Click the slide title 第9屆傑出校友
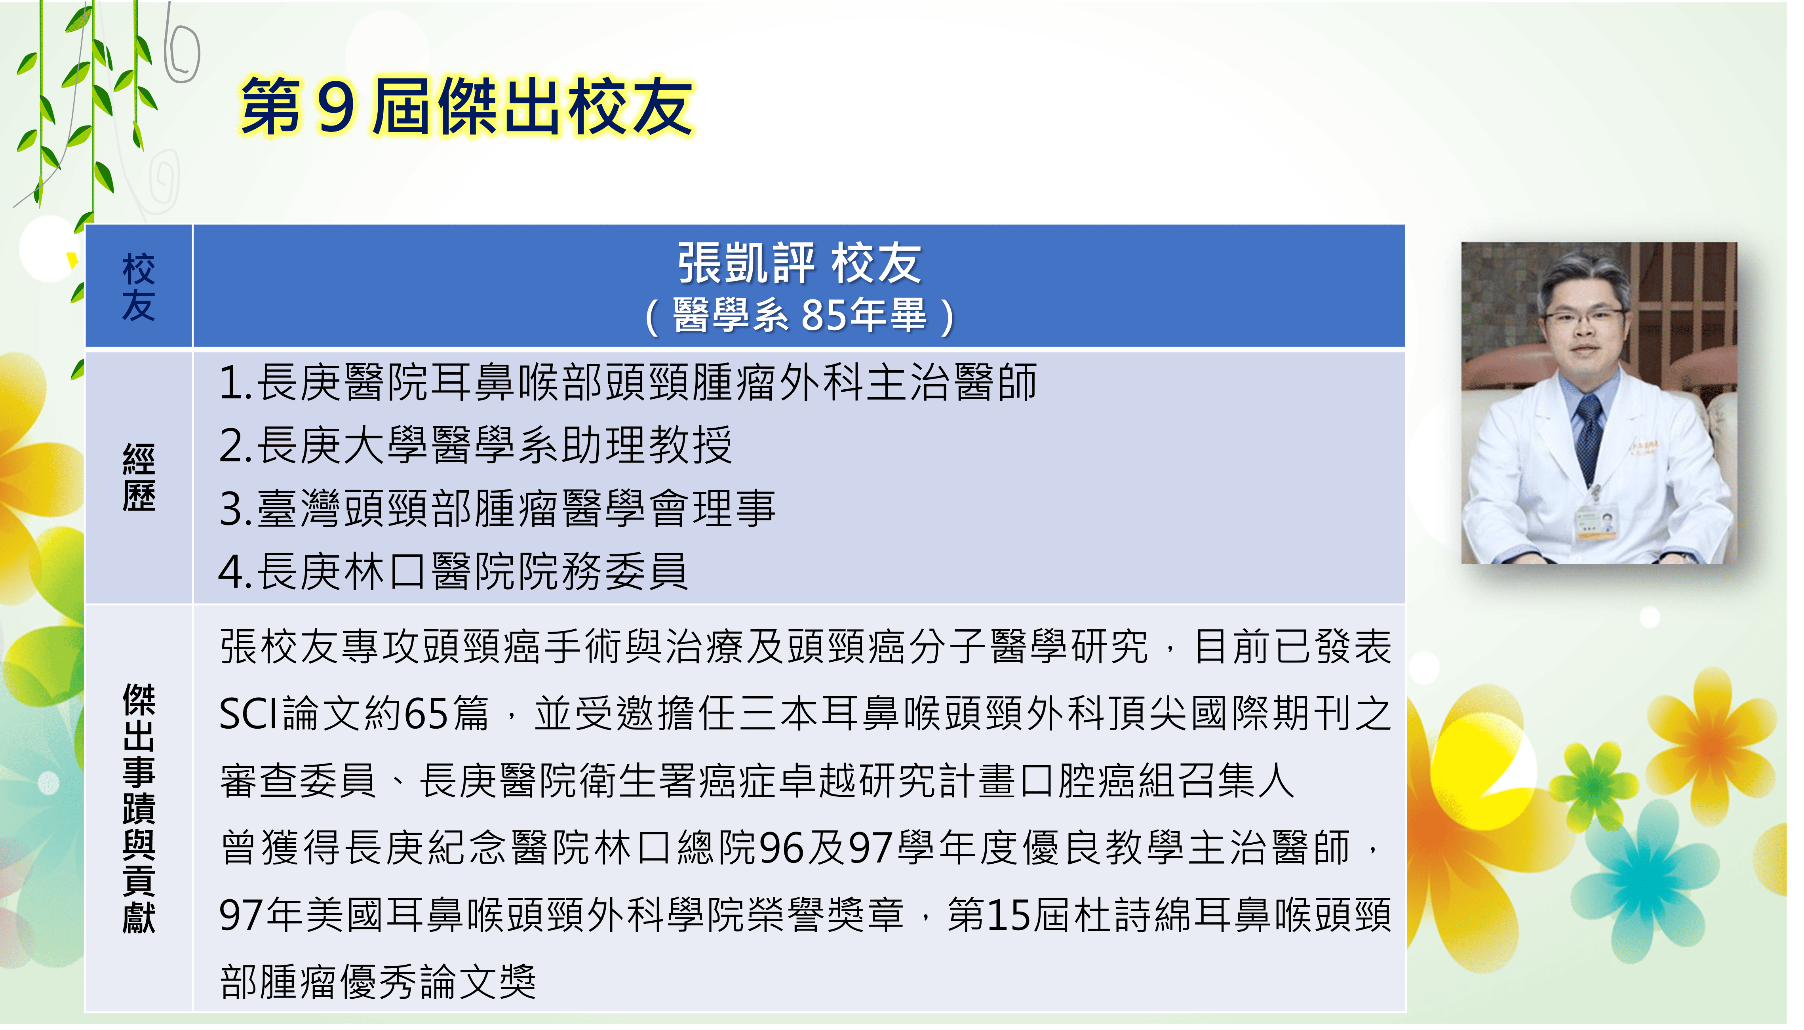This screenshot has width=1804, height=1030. pyautogui.click(x=467, y=106)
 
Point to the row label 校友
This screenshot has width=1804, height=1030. pyautogui.click(x=139, y=287)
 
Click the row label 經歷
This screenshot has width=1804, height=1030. pyautogui.click(x=139, y=478)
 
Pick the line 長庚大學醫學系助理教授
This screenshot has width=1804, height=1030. pyautogui.click(x=475, y=445)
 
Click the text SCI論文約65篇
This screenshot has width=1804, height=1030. pyautogui.click(x=354, y=713)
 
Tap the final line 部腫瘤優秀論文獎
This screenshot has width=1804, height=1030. pyautogui.click(x=378, y=982)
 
